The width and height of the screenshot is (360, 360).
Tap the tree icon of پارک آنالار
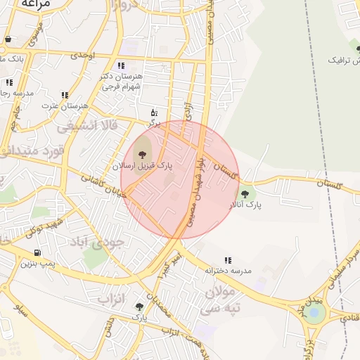(x=245, y=194)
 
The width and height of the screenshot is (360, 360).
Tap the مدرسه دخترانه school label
(x=228, y=269)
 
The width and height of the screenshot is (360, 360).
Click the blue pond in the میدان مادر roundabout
(x=314, y=313)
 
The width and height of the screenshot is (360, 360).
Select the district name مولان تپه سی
(x=224, y=300)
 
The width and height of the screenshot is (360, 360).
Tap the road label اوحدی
(x=82, y=54)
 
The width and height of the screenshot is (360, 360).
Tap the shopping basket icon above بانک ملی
(x=8, y=39)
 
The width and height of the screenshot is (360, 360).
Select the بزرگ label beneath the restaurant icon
(x=154, y=122)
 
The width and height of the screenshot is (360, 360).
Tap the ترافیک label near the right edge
(x=345, y=60)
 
